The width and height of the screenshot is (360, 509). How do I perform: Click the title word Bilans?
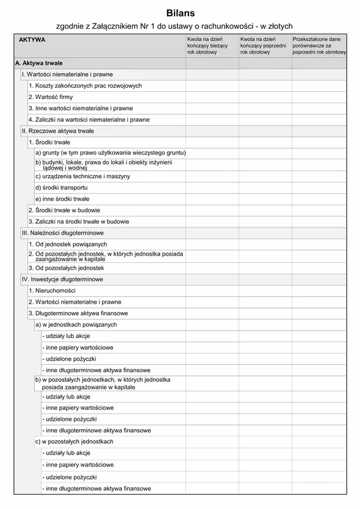[181, 12]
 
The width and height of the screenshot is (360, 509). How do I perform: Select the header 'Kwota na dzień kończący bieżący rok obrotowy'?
[204, 46]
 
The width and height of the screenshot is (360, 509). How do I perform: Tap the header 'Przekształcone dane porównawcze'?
[319, 46]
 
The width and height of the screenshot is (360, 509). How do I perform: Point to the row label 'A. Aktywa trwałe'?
[38, 63]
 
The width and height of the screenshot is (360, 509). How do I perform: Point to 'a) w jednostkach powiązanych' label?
[76, 325]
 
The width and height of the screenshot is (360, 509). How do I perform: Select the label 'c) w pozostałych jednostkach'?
[74, 442]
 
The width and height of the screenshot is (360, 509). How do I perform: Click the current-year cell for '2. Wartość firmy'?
[212, 97]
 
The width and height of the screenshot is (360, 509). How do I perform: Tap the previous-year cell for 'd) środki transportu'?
[265, 188]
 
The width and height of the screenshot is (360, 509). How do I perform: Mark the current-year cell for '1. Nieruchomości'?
[212, 291]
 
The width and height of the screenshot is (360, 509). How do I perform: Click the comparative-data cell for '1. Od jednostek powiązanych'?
[319, 244]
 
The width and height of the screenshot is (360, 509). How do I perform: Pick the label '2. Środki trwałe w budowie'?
[64, 211]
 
